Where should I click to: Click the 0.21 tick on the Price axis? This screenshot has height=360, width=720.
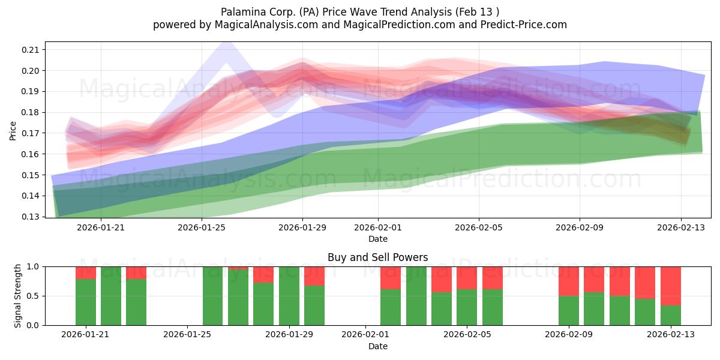point(30,50)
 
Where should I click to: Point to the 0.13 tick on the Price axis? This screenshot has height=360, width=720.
point(30,217)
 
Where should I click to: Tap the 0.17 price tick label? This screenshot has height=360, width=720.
point(30,133)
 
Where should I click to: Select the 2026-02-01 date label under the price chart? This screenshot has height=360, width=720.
point(378,227)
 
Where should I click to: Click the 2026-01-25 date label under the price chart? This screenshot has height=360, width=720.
point(202,227)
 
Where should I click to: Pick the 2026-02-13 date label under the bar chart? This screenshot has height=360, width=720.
point(671,335)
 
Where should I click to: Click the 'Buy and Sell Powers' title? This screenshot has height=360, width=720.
point(377,257)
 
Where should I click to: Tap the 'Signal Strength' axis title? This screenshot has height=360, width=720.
point(17,296)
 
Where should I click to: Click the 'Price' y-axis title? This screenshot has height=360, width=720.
point(13,131)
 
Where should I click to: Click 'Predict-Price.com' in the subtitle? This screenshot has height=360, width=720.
point(524,25)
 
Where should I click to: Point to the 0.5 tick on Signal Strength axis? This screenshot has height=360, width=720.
point(32,296)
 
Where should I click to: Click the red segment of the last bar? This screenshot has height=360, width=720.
point(671,286)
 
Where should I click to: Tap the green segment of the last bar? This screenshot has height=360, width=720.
point(671,316)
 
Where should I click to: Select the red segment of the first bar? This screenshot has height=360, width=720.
point(86,273)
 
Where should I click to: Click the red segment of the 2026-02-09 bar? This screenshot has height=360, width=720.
point(569,281)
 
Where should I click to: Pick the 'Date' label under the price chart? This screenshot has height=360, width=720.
point(378,239)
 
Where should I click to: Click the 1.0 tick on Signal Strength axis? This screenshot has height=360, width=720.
point(32,267)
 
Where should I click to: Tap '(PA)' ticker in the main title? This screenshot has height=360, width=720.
point(309,12)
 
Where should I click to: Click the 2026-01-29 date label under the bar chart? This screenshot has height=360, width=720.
point(289,335)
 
